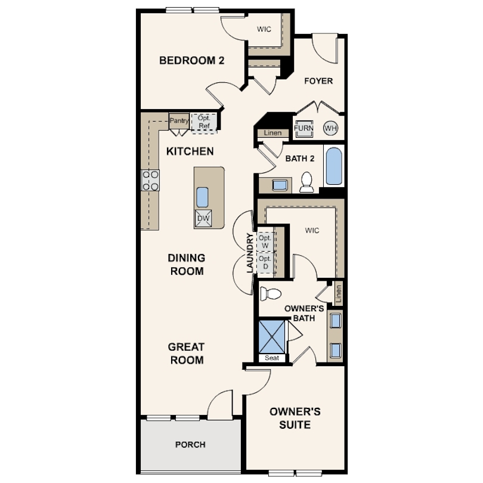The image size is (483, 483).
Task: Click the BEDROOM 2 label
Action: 191,60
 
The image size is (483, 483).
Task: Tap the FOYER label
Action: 318,81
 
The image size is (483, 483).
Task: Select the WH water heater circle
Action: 330,128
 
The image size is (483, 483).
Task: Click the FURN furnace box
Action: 304,128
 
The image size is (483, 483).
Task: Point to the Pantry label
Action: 179,120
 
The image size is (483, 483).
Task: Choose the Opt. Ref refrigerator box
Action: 204,122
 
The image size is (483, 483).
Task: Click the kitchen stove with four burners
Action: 150,180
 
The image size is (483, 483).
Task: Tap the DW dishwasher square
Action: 203,218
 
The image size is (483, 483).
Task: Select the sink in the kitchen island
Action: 202,197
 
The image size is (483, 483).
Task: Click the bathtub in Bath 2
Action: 334,166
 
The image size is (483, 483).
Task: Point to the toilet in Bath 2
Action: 306,182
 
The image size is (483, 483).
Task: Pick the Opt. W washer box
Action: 265,241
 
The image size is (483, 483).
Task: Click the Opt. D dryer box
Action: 265,262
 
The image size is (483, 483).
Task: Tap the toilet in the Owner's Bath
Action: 271,294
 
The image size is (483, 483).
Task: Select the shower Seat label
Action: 272,358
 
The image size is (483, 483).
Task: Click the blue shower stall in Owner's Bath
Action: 272,337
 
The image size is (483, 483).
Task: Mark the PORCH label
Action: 190,444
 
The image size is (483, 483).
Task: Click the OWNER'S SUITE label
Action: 295,418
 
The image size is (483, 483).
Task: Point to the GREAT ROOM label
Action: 187,354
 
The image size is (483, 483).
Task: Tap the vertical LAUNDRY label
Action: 250,253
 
